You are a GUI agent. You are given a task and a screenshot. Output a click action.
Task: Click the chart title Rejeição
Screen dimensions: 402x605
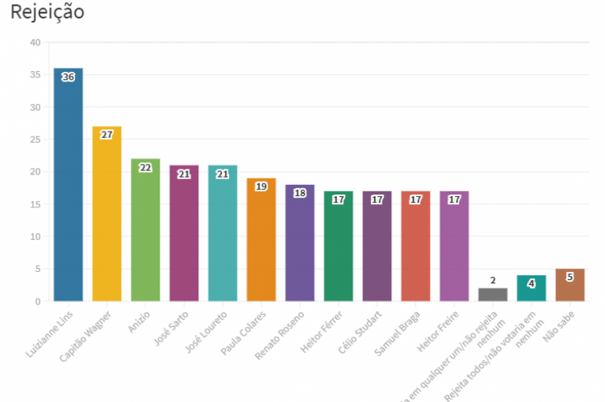click(x=48, y=13)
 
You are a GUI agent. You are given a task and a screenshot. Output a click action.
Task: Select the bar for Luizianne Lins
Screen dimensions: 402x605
click(x=68, y=186)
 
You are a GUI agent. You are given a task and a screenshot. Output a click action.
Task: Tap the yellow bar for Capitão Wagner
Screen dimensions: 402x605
click(x=106, y=214)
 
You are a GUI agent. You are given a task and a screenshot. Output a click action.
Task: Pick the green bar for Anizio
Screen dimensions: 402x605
click(x=145, y=230)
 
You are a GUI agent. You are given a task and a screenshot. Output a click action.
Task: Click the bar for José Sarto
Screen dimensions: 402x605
click(x=184, y=234)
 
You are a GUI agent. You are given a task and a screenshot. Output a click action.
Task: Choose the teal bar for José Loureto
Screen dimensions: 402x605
click(x=223, y=234)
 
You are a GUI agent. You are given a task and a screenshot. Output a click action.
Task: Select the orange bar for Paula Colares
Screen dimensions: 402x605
click(x=261, y=241)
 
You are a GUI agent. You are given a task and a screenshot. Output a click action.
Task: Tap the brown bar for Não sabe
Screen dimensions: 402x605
click(x=570, y=286)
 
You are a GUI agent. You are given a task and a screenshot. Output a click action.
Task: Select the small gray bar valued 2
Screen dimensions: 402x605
click(x=493, y=295)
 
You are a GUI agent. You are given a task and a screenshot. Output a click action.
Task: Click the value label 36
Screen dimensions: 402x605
click(x=68, y=77)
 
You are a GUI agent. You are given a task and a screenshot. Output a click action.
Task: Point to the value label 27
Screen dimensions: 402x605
click(x=106, y=135)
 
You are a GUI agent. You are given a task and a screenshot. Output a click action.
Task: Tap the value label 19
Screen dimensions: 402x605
click(x=261, y=186)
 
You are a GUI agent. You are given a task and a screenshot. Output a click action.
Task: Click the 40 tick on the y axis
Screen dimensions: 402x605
click(x=34, y=42)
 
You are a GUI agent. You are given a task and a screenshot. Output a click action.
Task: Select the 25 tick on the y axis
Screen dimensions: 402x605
click(x=34, y=140)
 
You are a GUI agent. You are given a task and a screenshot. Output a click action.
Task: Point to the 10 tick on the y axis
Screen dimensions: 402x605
click(x=34, y=237)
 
